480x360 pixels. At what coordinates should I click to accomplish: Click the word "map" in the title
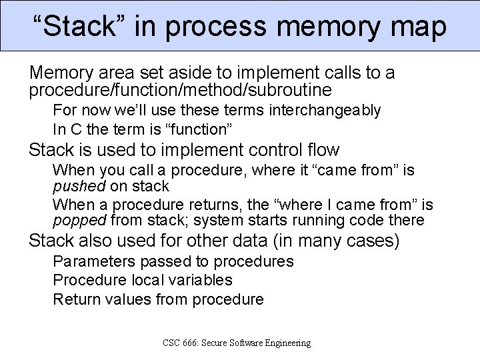[x=417, y=27]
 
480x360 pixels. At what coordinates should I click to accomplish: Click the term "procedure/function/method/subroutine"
[x=180, y=89]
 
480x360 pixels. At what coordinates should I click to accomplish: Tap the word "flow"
[x=321, y=150]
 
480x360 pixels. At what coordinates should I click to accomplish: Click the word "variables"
[x=199, y=280]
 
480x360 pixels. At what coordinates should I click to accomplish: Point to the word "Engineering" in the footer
[x=285, y=343]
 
